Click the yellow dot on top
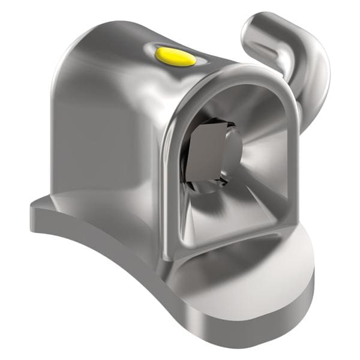pos(175,56)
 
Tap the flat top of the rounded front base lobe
pos(252,273)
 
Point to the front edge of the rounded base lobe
pos(264,324)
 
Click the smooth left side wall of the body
pos(102,138)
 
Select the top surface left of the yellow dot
pos(120,42)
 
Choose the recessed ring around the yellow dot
pos(195,61)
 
